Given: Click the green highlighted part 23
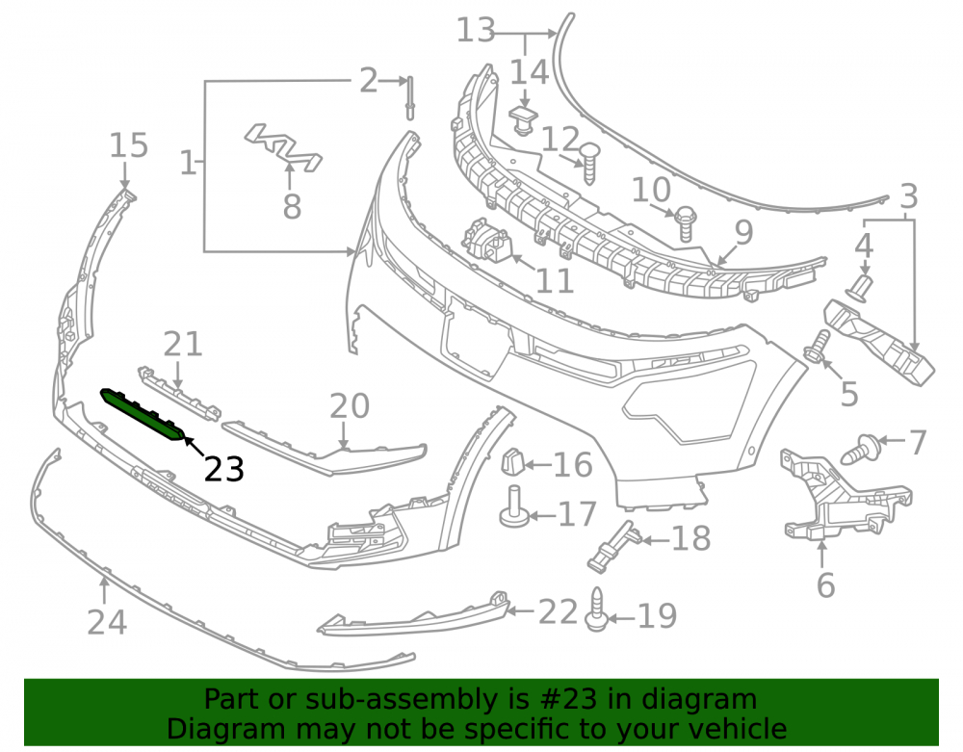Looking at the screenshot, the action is pyautogui.click(x=143, y=414).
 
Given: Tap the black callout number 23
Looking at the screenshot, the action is pyautogui.click(x=224, y=470).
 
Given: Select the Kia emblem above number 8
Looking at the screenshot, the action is pyautogui.click(x=283, y=147).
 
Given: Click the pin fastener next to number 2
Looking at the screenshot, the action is pyautogui.click(x=409, y=97).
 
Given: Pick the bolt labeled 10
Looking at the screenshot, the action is pyautogui.click(x=686, y=223).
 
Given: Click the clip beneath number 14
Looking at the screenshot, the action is pyautogui.click(x=523, y=120).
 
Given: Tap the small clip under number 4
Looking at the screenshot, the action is pyautogui.click(x=860, y=289).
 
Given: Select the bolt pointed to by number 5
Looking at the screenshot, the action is pyautogui.click(x=817, y=347).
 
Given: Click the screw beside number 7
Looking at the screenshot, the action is pyautogui.click(x=861, y=449).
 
